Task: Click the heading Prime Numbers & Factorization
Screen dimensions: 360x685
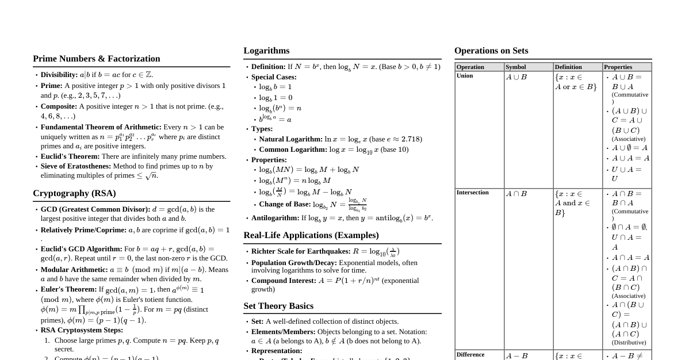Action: click(96, 59)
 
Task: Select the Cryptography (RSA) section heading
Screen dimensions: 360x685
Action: click(74, 193)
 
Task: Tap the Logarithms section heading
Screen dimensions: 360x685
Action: click(266, 51)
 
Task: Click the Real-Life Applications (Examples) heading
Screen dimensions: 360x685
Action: click(311, 235)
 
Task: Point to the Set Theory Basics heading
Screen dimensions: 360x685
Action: click(278, 306)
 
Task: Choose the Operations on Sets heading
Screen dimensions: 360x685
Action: click(491, 51)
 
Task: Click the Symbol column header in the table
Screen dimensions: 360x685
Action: click(515, 67)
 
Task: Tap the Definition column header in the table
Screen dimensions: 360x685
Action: click(568, 67)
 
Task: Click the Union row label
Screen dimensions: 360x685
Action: click(465, 75)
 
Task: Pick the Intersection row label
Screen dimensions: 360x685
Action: click(472, 193)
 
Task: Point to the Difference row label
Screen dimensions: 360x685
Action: click(470, 354)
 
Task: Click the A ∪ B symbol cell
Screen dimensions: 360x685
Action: click(516, 77)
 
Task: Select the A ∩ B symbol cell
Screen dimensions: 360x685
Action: click(516, 194)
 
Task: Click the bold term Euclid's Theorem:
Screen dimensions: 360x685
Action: click(70, 156)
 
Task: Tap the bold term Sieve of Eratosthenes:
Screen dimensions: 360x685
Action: click(76, 166)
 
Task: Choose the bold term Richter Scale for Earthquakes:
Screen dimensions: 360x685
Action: click(301, 251)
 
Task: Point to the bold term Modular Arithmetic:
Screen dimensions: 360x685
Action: click(74, 269)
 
